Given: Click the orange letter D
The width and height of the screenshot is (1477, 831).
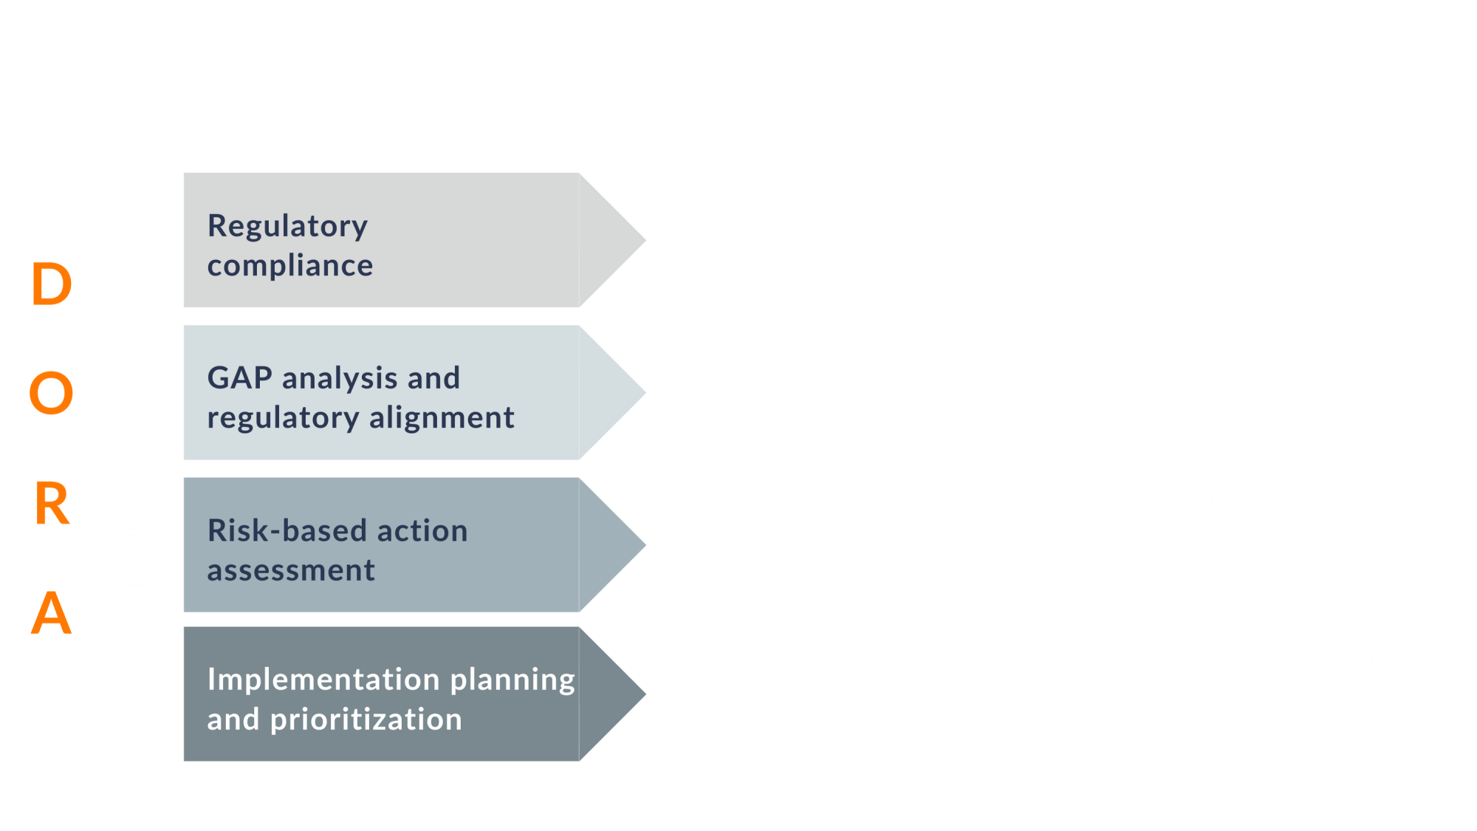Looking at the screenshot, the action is [52, 284].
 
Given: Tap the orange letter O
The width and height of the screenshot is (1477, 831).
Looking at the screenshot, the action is [52, 393].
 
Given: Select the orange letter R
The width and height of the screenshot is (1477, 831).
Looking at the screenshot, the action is [52, 504].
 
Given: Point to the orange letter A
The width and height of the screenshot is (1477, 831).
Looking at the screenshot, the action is [52, 612].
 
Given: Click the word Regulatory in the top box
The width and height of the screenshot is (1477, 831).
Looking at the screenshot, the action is [287, 227].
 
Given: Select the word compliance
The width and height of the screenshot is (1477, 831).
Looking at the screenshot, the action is [290, 266].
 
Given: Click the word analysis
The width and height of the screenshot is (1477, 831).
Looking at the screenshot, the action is [340, 380].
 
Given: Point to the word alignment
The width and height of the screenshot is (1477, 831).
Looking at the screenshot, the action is [442, 418].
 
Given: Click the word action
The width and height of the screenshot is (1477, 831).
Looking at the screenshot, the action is [422, 530].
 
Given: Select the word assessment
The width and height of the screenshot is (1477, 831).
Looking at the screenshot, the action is [291, 571].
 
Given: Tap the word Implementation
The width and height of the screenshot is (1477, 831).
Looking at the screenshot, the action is [323, 680].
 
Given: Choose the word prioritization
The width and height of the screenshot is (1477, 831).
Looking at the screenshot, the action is [366, 720].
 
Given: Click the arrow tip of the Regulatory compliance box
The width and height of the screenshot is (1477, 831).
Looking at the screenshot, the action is [645, 240].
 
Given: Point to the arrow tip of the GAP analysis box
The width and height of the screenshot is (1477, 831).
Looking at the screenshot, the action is [645, 393].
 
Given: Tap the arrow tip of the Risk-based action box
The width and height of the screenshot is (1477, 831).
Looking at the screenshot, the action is [645, 545].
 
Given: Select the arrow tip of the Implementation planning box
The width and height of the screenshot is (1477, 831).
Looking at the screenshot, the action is [645, 694].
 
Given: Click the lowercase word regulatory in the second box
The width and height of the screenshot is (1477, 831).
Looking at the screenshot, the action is [284, 419].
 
